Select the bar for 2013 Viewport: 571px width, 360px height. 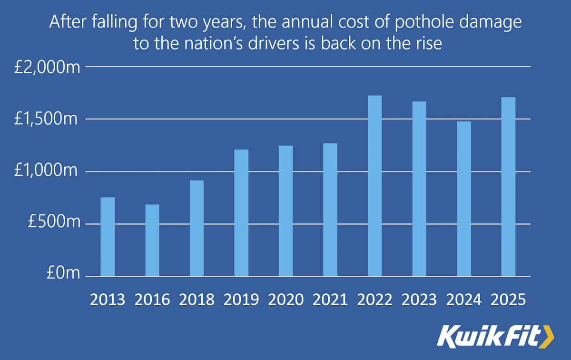click(108, 237)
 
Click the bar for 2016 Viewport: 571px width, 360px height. click(152, 240)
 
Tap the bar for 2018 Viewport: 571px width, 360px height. click(197, 228)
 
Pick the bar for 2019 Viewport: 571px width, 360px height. click(241, 213)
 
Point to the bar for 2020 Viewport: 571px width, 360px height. click(285, 211)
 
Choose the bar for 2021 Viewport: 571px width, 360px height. click(330, 210)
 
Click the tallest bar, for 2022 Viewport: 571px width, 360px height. click(375, 186)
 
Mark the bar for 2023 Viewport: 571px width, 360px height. click(419, 189)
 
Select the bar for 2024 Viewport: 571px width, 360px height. click(464, 199)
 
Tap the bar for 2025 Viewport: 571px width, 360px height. click(509, 187)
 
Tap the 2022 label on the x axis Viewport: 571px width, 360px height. click(375, 300)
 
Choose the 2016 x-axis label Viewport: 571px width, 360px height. click(152, 300)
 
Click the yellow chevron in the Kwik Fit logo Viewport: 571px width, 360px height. click(547, 336)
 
